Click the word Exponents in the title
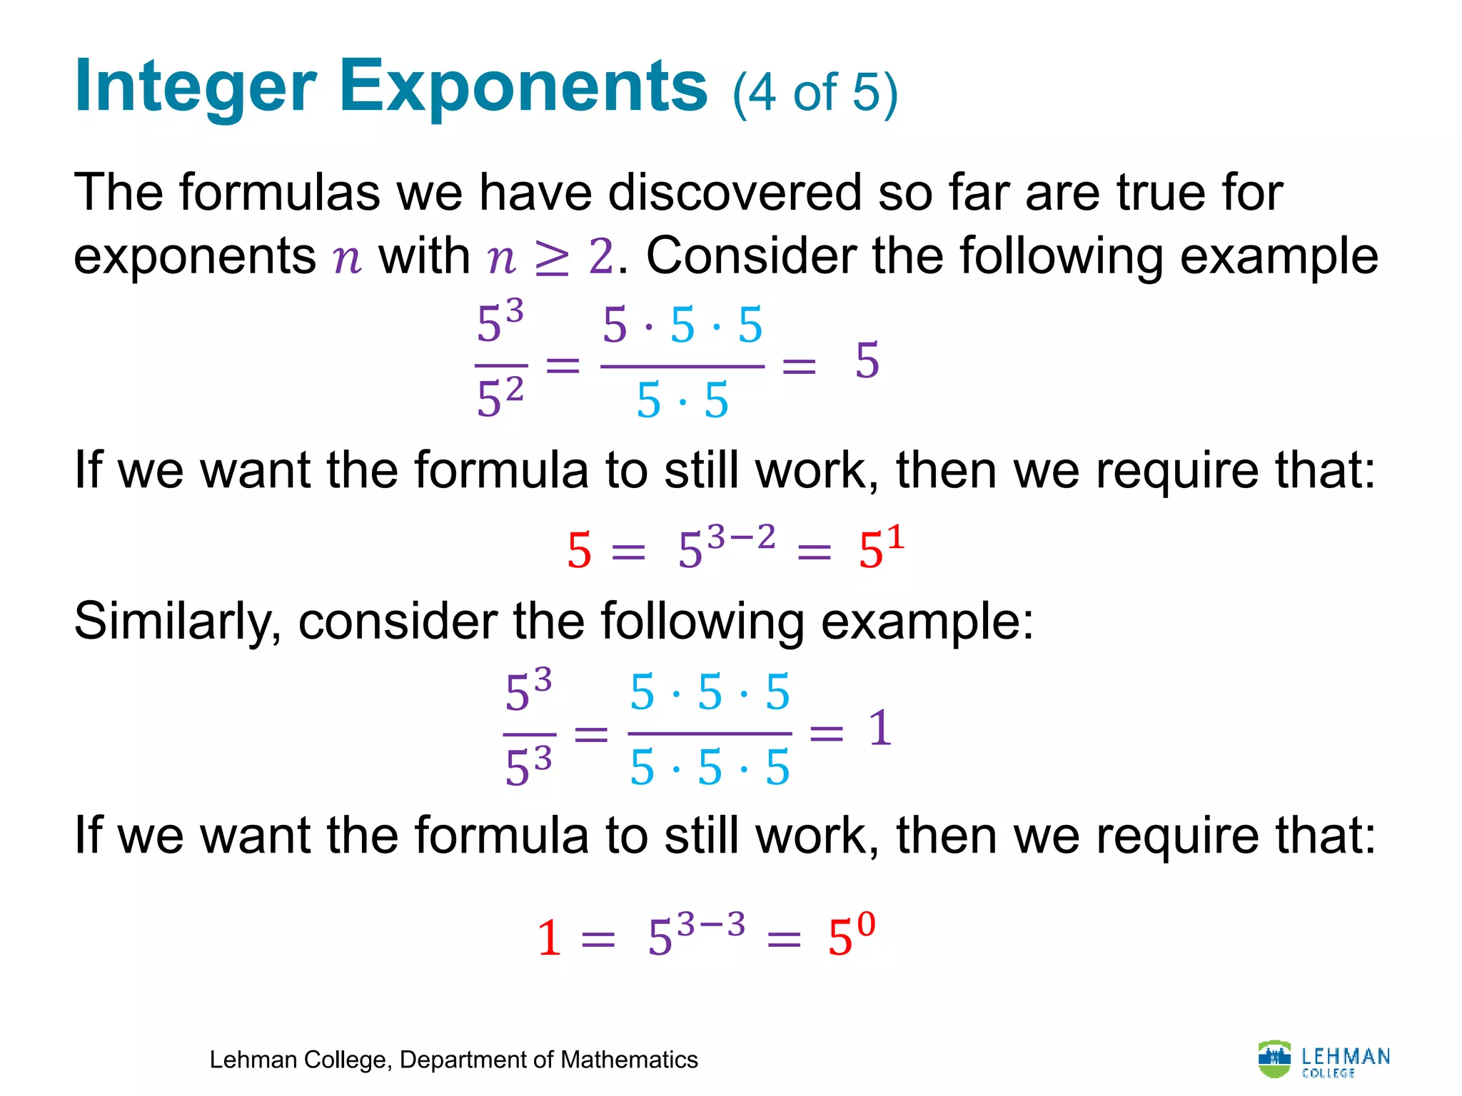(x=523, y=87)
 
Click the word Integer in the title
(x=195, y=87)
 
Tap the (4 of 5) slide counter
(x=815, y=93)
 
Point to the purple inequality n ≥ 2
(x=550, y=257)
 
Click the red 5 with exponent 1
(x=881, y=547)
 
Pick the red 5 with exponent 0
(x=850, y=934)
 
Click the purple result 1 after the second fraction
(x=880, y=729)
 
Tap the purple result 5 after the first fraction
(x=867, y=361)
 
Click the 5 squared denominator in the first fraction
(x=500, y=398)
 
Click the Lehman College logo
(x=1324, y=1060)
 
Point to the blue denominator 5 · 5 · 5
(x=710, y=768)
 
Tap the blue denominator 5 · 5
(x=682, y=400)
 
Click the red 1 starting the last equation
(x=549, y=938)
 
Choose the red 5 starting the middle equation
(x=579, y=552)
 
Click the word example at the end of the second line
(x=1279, y=257)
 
